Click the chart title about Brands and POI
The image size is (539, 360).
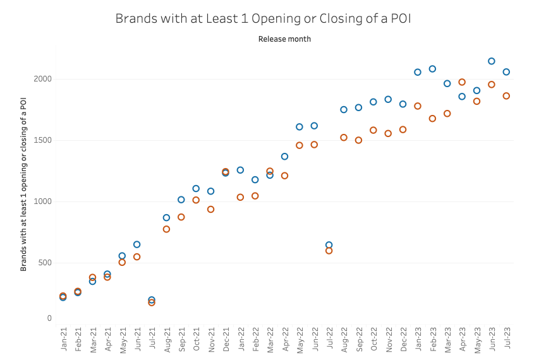[x=263, y=18]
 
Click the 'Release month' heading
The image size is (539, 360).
[x=284, y=39]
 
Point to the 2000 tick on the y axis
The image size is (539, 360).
[x=42, y=79]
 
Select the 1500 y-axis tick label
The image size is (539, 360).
[x=42, y=140]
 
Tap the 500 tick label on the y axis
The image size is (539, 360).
[x=44, y=263]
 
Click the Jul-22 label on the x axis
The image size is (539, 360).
[x=329, y=341]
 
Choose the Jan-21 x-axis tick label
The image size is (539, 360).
[x=63, y=341]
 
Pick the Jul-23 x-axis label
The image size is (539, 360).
[x=506, y=341]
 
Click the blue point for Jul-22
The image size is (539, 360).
[x=329, y=245]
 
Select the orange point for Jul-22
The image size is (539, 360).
[x=329, y=251]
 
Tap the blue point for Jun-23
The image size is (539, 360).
[x=492, y=61]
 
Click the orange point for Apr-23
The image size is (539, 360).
[x=462, y=82]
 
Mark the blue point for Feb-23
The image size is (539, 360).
[x=432, y=69]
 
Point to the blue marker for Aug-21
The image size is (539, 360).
[x=166, y=218]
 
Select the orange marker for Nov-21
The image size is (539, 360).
[x=210, y=209]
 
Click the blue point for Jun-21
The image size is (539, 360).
[x=136, y=244]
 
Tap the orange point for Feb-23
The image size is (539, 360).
[x=432, y=119]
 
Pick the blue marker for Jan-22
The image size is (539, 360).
[x=240, y=170]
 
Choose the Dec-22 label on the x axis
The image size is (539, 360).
[x=403, y=341]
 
